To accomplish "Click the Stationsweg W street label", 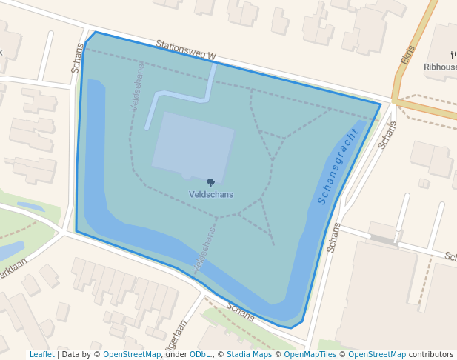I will [x=186, y=50].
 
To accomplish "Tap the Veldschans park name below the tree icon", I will [x=211, y=195].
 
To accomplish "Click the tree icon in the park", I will [x=211, y=182].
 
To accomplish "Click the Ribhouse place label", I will [x=440, y=67].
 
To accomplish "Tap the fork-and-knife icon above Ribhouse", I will [x=453, y=55].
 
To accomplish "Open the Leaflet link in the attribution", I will [x=42, y=354].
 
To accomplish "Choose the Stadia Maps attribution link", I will [x=249, y=354].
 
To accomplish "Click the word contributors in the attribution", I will [x=431, y=354].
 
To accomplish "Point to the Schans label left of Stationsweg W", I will [x=78, y=58].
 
